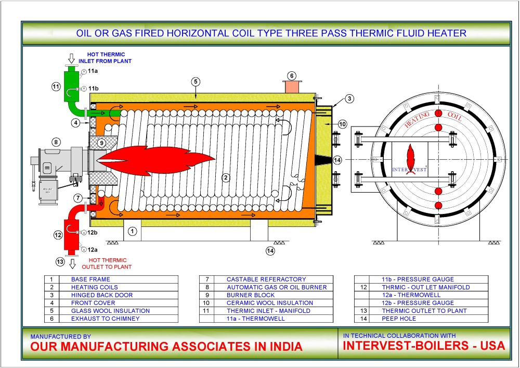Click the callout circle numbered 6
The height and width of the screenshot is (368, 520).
click(x=292, y=76)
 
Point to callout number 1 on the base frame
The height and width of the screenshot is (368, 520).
click(x=133, y=231)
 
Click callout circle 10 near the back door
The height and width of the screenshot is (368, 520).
click(x=342, y=124)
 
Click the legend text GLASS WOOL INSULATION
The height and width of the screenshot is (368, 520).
click(x=110, y=311)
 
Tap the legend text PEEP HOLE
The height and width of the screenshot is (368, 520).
click(x=399, y=319)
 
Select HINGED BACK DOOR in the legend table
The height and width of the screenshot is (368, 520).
click(x=102, y=295)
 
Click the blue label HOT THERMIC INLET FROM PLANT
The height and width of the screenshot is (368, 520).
click(x=109, y=58)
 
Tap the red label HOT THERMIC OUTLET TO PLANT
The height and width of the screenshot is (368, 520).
click(x=109, y=263)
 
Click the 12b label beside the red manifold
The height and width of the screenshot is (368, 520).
click(x=93, y=232)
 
